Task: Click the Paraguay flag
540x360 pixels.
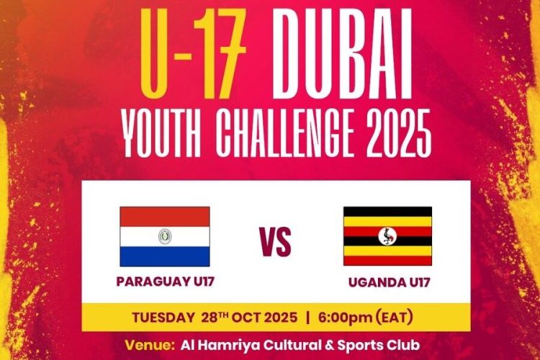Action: pyautogui.click(x=165, y=236)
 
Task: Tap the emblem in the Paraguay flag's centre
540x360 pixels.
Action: pyautogui.click(x=165, y=236)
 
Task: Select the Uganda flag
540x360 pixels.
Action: pyautogui.click(x=387, y=236)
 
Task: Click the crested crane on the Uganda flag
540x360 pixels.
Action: pyautogui.click(x=387, y=236)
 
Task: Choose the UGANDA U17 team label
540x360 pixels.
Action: pyautogui.click(x=389, y=282)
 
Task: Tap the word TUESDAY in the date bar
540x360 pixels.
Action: pyautogui.click(x=162, y=317)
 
